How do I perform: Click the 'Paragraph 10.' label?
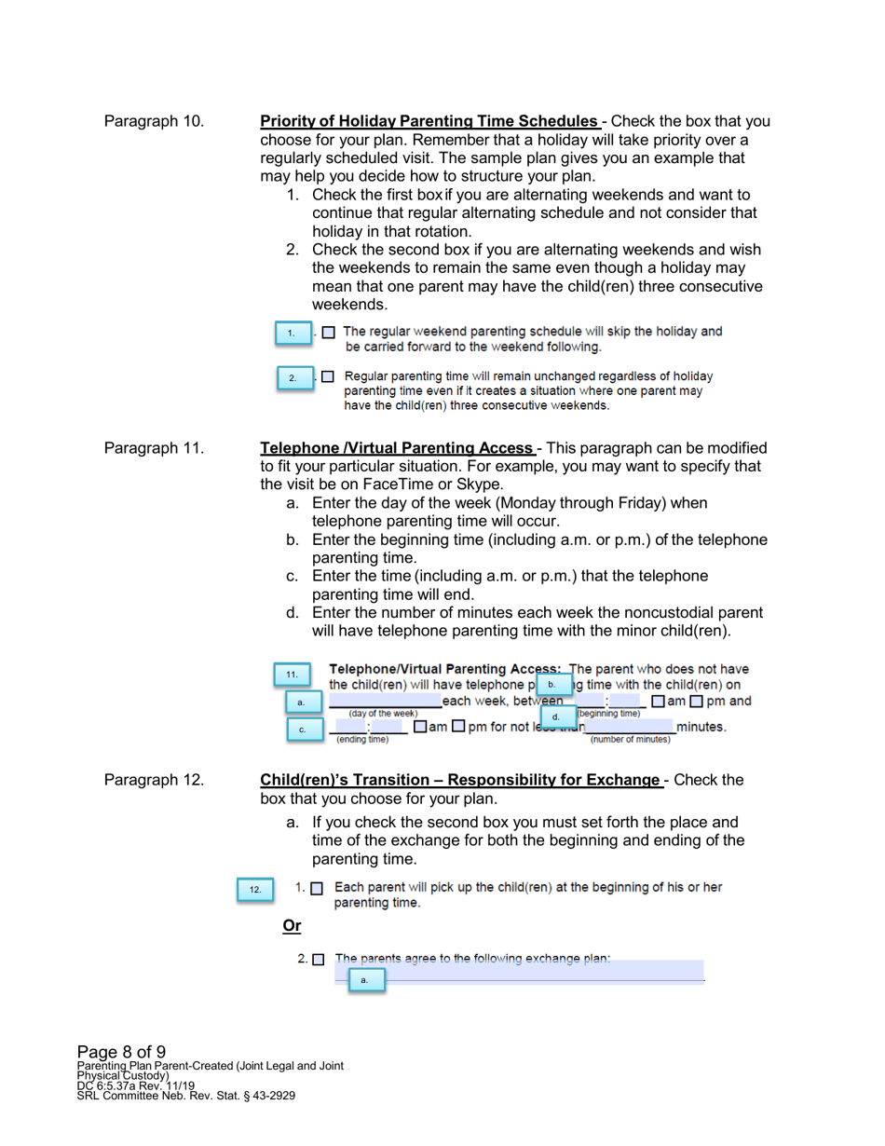tap(154, 121)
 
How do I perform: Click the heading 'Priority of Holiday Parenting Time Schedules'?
tap(429, 121)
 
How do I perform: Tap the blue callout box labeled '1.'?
tap(292, 334)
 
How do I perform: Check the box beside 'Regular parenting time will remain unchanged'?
tap(328, 377)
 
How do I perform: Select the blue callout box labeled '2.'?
tap(293, 378)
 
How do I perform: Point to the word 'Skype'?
tap(483, 484)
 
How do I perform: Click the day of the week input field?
tap(386, 701)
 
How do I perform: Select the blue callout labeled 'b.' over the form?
tap(552, 685)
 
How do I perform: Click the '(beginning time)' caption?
tap(609, 714)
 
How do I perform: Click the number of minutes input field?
tap(630, 727)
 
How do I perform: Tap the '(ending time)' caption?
tap(362, 740)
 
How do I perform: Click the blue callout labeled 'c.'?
tap(302, 730)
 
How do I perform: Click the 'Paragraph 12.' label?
tap(154, 780)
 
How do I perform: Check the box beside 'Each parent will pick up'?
tap(317, 889)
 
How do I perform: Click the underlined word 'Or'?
tap(292, 925)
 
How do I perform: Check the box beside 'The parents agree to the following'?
tap(320, 959)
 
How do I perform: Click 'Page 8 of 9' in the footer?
tap(121, 1054)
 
